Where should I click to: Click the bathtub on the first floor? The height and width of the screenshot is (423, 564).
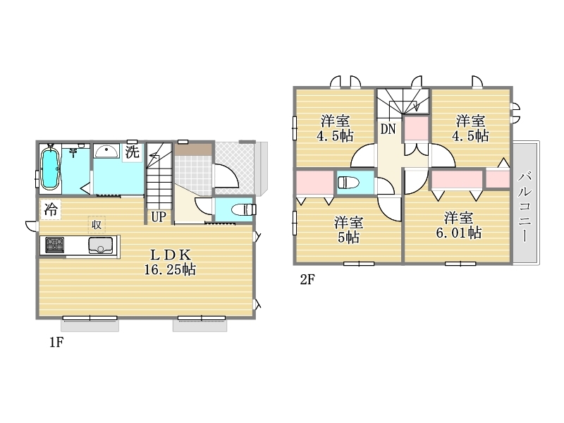click(50, 168)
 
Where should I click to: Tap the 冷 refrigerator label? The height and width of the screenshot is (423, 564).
click(50, 209)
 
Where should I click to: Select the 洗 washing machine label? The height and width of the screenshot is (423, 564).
click(132, 152)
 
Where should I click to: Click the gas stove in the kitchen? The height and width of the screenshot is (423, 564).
click(55, 245)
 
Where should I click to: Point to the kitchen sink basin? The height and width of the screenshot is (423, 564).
click(100, 245)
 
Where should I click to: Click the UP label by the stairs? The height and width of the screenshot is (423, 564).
click(158, 217)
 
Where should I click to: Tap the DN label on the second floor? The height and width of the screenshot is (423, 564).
click(388, 129)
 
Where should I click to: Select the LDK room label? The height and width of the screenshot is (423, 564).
click(170, 255)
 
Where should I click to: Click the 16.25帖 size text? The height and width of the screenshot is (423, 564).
click(170, 269)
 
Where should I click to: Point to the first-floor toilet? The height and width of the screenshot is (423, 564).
click(244, 209)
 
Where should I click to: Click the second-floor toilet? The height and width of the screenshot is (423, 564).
click(348, 183)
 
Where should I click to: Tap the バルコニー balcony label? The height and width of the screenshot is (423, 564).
click(525, 207)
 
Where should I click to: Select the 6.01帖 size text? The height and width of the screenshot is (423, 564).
click(459, 233)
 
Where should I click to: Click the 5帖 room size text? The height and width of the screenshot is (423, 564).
click(348, 238)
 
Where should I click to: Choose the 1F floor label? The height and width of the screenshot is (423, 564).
click(56, 342)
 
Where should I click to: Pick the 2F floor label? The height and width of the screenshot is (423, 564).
click(307, 279)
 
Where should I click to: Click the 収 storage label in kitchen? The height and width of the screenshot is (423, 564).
click(97, 225)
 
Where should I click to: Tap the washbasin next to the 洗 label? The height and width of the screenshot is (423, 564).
click(106, 151)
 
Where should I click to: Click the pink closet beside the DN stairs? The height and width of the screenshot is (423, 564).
click(416, 128)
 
